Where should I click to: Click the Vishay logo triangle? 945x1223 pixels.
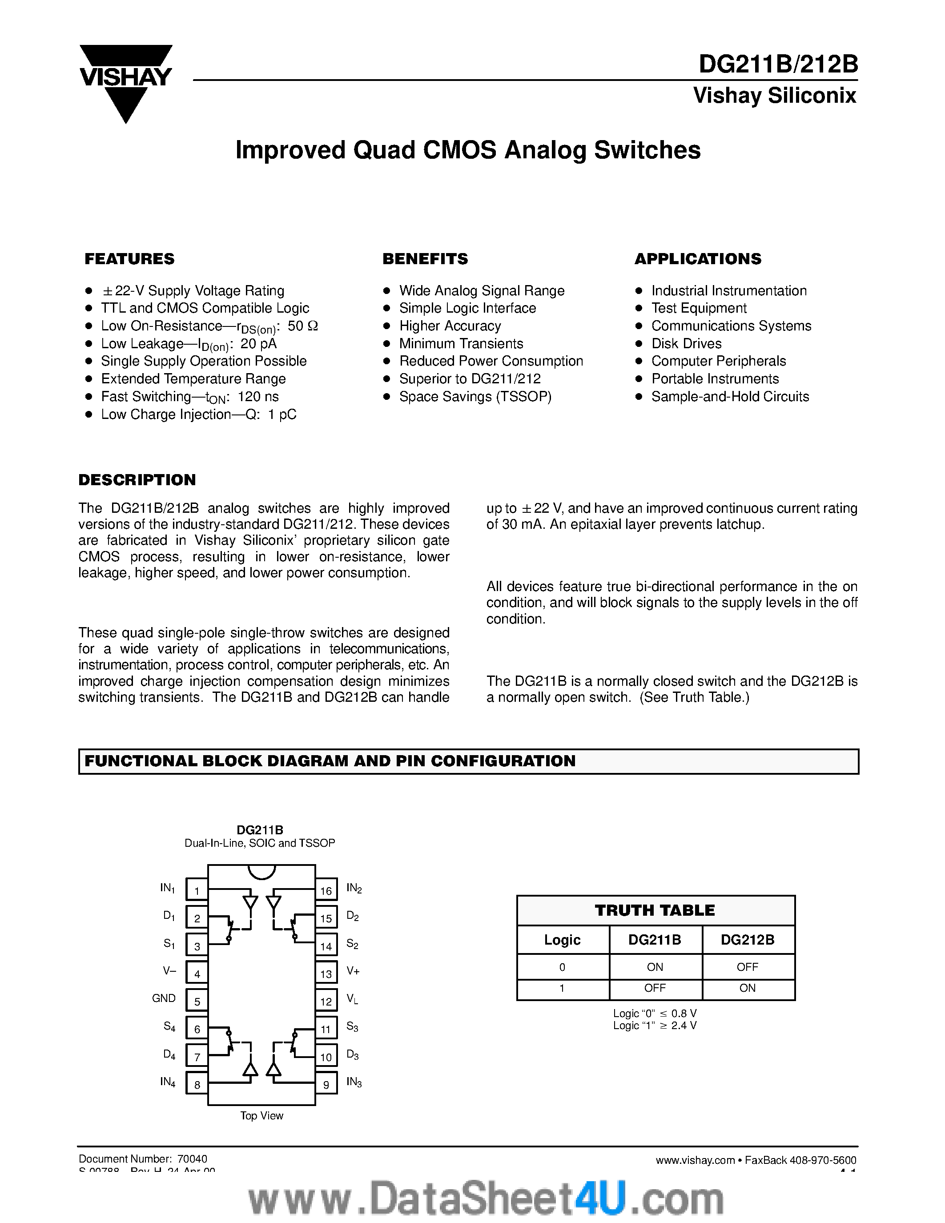coord(125,84)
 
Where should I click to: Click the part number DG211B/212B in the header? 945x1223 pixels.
coord(778,65)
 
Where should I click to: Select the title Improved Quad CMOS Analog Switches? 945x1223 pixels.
coord(467,150)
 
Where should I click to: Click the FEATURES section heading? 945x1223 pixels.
coord(129,259)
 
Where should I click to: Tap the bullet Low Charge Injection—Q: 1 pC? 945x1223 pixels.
coord(198,414)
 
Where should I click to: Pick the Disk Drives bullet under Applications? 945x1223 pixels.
coord(686,343)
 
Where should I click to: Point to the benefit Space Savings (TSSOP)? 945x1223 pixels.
coord(475,396)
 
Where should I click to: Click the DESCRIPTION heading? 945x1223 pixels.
coord(137,480)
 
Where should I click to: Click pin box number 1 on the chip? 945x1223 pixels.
coord(197,890)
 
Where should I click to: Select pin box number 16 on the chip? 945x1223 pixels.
coord(326,890)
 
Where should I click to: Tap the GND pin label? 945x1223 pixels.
coord(164,998)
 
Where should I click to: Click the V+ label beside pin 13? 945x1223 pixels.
coord(353,971)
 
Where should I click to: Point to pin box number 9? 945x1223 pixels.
coord(326,1085)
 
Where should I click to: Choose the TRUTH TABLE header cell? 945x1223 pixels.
coord(655,910)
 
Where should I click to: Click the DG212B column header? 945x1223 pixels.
coord(748,940)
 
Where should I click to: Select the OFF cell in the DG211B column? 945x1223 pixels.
coord(655,988)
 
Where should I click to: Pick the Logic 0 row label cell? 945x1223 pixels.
coord(562,967)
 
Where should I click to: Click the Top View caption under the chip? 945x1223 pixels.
coord(261,1115)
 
